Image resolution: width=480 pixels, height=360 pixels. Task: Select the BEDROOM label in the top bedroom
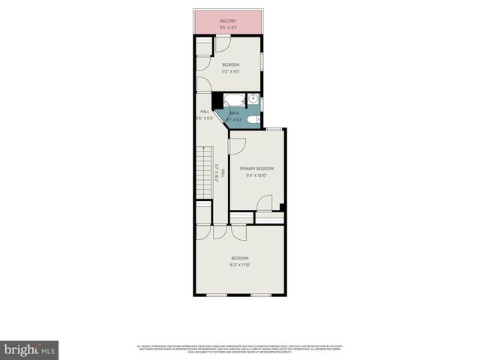pyautogui.click(x=231, y=64)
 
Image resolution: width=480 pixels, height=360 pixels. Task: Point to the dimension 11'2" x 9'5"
pyautogui.click(x=231, y=73)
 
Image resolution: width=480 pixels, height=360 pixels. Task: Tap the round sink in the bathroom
pyautogui.click(x=253, y=99)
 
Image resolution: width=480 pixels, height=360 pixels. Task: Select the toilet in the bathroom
pyautogui.click(x=253, y=118)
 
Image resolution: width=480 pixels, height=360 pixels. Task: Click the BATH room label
pyautogui.click(x=235, y=112)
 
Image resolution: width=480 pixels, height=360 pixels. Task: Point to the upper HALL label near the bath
pyautogui.click(x=204, y=112)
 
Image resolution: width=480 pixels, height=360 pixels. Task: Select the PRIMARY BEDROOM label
pyautogui.click(x=256, y=169)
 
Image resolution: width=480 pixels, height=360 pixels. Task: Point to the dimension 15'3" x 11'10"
pyautogui.click(x=240, y=265)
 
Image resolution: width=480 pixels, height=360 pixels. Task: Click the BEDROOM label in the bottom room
pyautogui.click(x=240, y=258)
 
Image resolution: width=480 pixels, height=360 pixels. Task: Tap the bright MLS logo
pyautogui.click(x=30, y=349)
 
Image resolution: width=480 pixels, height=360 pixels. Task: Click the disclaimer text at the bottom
pyautogui.click(x=240, y=349)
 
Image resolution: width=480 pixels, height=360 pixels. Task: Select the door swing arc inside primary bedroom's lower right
pyautogui.click(x=264, y=203)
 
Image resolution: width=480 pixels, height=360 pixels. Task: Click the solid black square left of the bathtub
pyautogui.click(x=216, y=100)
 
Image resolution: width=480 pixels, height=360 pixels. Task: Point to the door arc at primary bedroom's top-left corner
pyautogui.click(x=238, y=147)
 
